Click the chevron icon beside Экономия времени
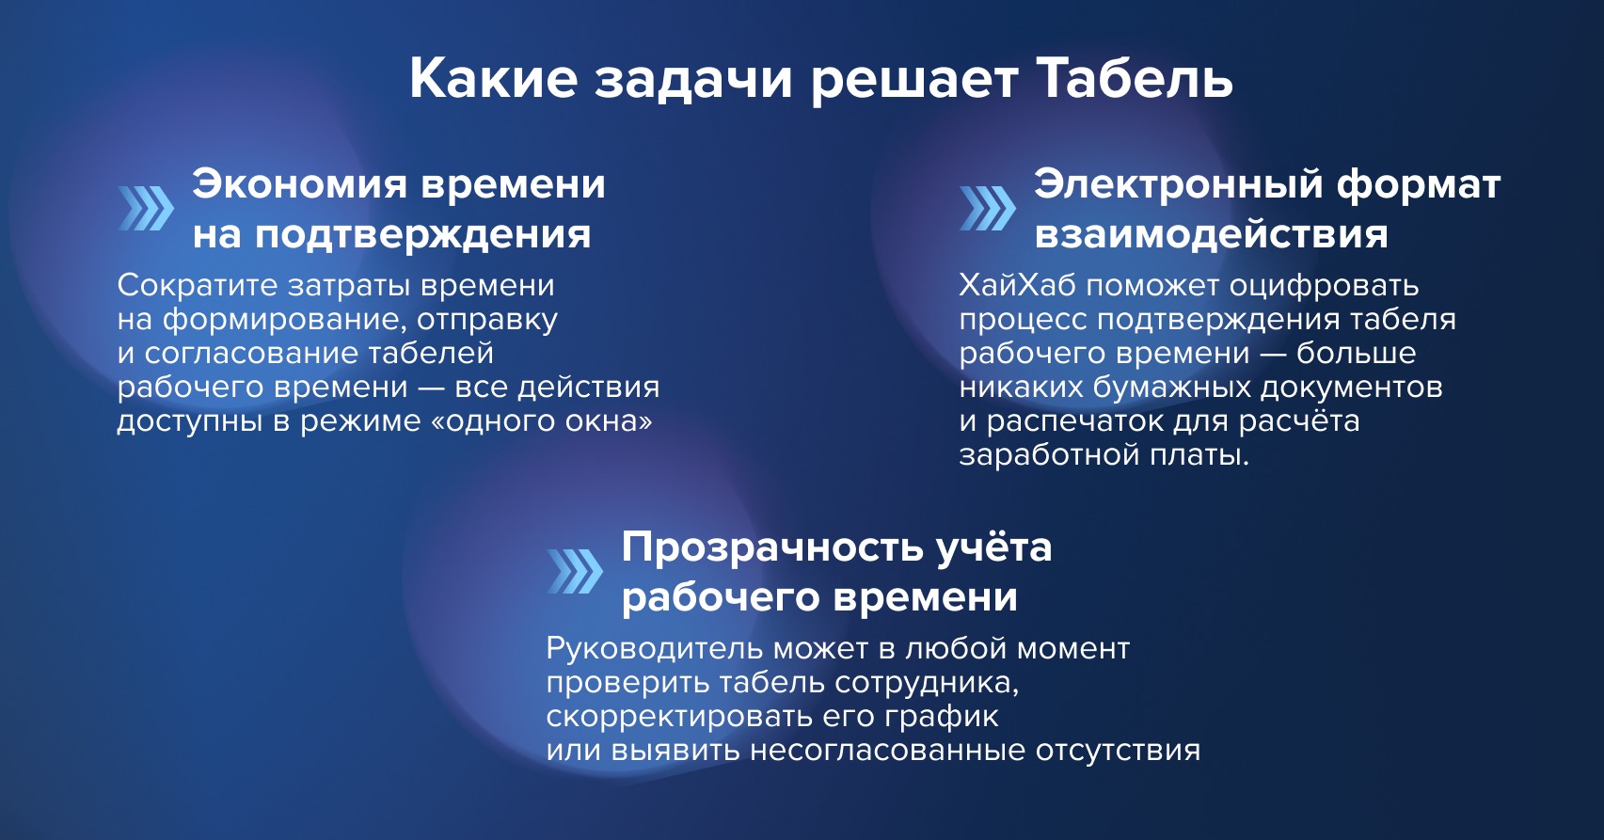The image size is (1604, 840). (x=146, y=209)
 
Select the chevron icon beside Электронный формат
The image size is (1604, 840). (x=988, y=209)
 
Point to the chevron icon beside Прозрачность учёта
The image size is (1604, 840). (x=575, y=572)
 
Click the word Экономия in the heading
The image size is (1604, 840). (x=300, y=184)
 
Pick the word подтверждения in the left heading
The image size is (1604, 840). (x=423, y=235)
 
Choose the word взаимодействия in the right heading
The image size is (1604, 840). (x=1211, y=235)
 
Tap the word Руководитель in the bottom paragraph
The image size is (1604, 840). (x=654, y=649)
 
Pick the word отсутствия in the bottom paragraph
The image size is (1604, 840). (x=1118, y=752)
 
